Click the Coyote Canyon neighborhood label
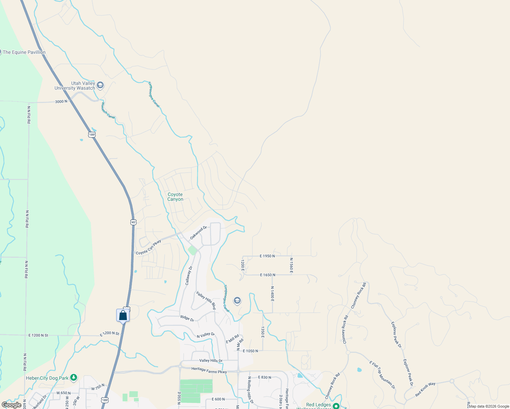point(175,197)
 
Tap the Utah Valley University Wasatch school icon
point(100,85)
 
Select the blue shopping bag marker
point(123,316)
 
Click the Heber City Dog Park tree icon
point(74,378)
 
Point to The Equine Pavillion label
point(24,52)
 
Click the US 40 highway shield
point(133,222)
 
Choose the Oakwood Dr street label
point(198,232)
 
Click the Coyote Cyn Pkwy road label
point(148,248)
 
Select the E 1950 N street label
point(267,256)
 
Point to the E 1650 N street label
point(267,275)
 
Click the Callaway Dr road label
point(189,275)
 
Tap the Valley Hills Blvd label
point(206,300)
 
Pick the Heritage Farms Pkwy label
point(209,370)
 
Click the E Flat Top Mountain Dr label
point(382,375)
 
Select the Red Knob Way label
point(425,389)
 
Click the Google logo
point(12,405)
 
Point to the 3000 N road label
point(61,102)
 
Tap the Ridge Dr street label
point(187,318)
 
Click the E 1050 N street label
point(250,351)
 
